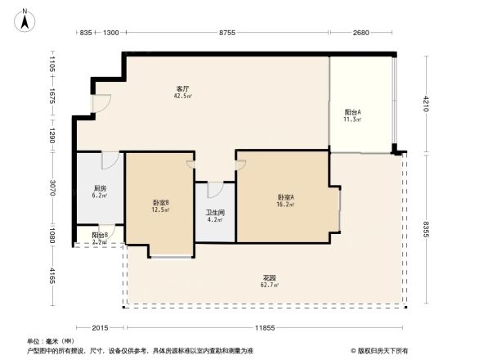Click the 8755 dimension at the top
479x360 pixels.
(226, 32)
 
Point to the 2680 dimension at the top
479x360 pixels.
(361, 32)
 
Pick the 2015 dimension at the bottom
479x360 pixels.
(99, 328)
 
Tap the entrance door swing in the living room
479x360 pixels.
(101, 105)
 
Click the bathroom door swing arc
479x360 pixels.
(215, 190)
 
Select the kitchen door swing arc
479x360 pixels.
(110, 160)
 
